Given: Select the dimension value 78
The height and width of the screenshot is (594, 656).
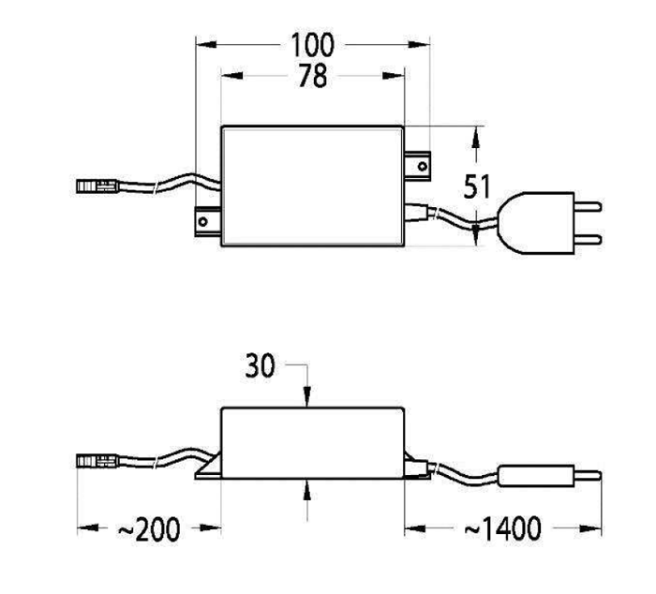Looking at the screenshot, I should coord(313,76).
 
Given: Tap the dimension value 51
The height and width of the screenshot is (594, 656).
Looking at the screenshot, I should coord(478,186).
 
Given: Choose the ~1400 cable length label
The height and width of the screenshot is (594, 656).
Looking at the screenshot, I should coord(502,529).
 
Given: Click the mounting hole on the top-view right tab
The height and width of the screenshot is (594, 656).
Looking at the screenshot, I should coord(422,166).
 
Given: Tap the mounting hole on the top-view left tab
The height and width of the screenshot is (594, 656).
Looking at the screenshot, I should coord(201,222).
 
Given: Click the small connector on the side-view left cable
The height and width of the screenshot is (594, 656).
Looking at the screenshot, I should coord(94,461).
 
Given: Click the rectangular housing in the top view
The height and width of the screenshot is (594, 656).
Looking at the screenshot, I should coord(313,186).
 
